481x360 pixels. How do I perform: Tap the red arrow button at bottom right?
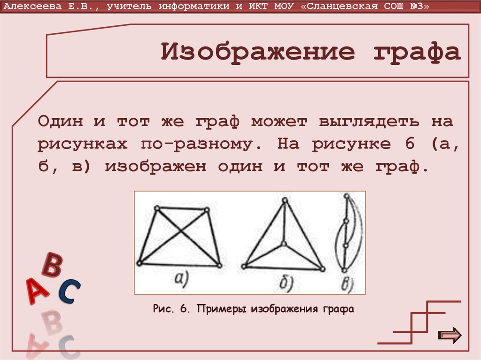(x=450, y=335)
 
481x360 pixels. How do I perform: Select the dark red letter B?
(x=52, y=265)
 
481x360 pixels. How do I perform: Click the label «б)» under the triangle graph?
(x=285, y=282)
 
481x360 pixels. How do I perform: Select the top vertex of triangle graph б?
(x=284, y=200)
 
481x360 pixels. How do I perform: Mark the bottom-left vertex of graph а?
(x=139, y=264)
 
